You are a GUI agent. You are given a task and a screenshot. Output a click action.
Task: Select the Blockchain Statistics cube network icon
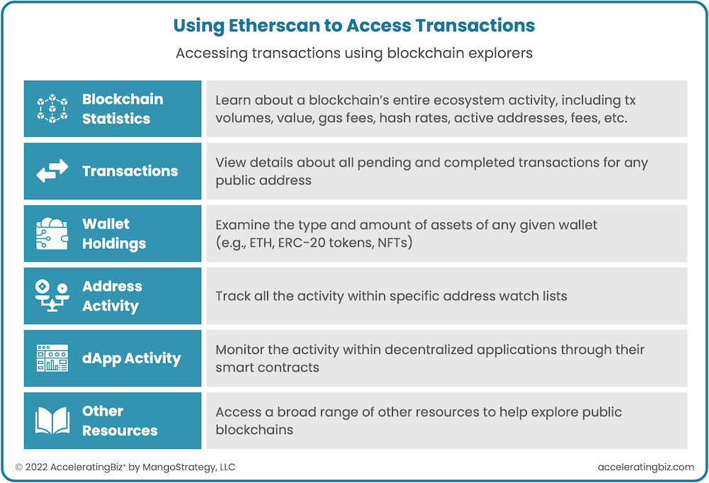[52, 109]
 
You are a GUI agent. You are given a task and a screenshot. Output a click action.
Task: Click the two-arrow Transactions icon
[52, 171]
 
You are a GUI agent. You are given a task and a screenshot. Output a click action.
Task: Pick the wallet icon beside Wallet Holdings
[52, 233]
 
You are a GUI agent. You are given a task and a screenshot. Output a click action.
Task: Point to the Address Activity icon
[52, 296]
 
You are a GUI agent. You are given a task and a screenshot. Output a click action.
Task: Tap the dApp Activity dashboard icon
[52, 358]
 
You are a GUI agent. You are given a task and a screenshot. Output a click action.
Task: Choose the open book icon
[52, 421]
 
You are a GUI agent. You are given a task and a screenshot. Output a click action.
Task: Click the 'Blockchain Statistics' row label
[122, 109]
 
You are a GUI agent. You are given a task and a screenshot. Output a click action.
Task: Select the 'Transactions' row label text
[130, 171]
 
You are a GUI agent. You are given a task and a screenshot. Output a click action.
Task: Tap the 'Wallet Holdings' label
[113, 233]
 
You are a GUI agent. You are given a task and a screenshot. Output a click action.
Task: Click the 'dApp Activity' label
[131, 358]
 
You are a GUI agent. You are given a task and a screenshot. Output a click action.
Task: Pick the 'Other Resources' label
[119, 421]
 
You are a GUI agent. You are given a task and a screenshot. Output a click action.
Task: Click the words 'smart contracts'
[267, 367]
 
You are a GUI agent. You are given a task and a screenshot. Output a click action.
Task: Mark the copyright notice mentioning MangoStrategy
[125, 467]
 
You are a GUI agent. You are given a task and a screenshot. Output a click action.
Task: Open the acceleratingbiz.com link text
[646, 467]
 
